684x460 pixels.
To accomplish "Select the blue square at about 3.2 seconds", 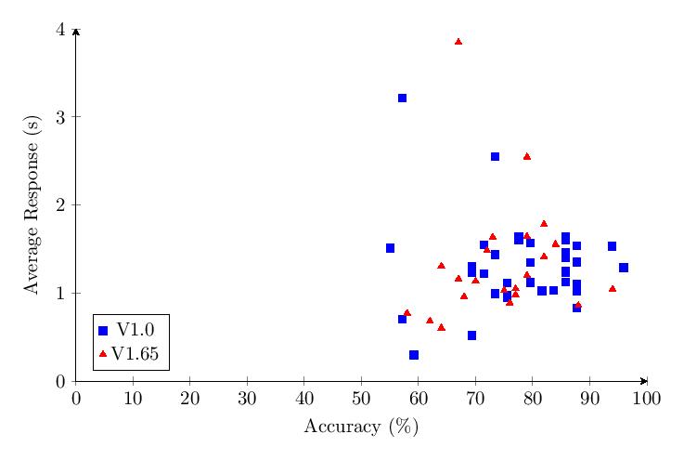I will (x=402, y=99).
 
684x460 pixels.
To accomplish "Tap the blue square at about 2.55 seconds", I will (x=495, y=157).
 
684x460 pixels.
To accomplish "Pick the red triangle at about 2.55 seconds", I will (x=527, y=157).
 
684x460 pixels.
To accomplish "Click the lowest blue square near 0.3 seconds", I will (x=414, y=355).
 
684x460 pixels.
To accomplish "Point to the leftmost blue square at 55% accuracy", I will (x=390, y=248).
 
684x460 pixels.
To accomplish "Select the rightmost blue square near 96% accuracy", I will (x=624, y=268).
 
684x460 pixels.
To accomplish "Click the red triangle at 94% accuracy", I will (x=613, y=289).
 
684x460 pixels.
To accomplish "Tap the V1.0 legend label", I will (x=136, y=329).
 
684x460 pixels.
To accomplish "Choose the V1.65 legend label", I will (x=136, y=353).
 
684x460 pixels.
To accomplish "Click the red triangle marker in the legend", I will (x=103, y=354).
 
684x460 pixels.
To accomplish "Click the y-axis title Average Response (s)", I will (x=32, y=204).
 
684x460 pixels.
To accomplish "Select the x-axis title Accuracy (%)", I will (x=361, y=427).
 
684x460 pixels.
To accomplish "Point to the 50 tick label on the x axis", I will (x=361, y=399).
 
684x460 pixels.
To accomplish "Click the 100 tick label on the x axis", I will (x=646, y=399).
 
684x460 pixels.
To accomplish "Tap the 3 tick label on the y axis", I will (x=60, y=117).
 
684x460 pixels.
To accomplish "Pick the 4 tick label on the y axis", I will (x=60, y=30).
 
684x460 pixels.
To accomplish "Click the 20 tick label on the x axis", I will (x=189, y=399).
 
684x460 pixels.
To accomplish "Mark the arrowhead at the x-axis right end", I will (x=644, y=381).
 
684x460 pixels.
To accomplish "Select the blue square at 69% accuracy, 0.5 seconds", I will (x=471, y=335).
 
